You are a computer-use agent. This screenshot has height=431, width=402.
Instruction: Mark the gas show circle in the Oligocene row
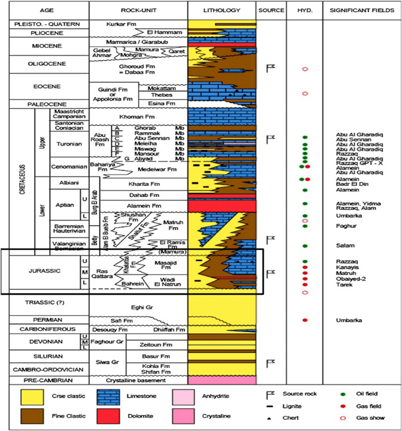[305, 69]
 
